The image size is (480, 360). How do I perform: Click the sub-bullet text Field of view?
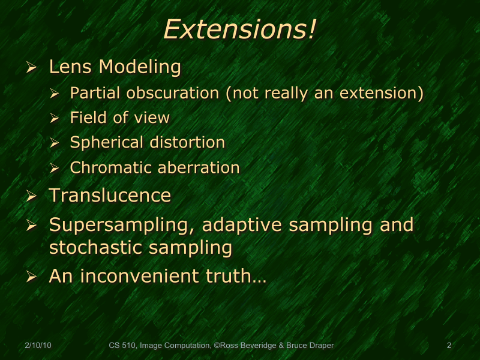pos(119,118)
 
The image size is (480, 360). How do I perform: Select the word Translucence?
pos(110,196)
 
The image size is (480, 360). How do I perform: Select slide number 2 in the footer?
pos(449,346)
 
